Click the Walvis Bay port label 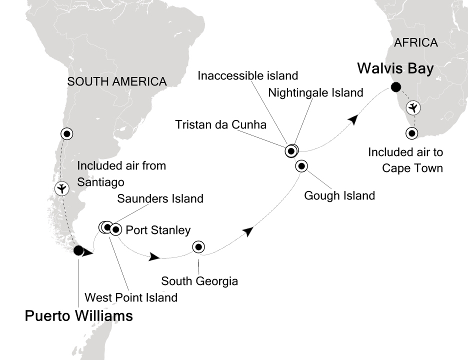coord(395,68)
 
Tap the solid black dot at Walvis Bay coord(396,87)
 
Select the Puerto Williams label coord(79,316)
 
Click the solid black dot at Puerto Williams coord(78,250)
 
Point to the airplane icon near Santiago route coord(61,188)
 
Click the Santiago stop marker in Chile coord(66,133)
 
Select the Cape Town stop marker coord(411,133)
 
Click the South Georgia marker coord(198,246)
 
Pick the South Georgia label coord(199,281)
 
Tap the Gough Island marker coord(301,166)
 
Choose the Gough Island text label coord(339,195)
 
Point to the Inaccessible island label coord(248,76)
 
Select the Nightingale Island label coord(315,92)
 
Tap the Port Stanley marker coord(115,229)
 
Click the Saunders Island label coord(160,198)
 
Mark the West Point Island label coord(131,297)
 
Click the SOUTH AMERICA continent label coord(116,81)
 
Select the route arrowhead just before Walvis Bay coord(353,119)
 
